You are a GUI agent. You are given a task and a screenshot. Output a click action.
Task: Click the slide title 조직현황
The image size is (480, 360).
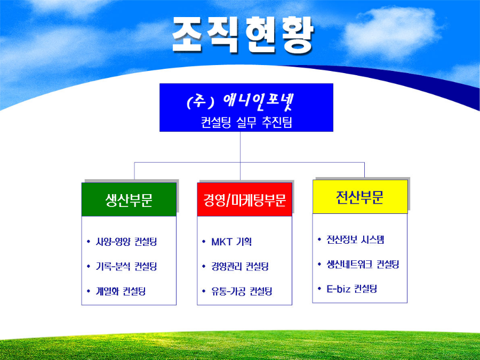click(x=243, y=35)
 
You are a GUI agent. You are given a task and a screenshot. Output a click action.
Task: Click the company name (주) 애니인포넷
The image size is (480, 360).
click(x=241, y=102)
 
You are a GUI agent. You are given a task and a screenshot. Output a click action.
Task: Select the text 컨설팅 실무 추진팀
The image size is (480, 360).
click(x=246, y=122)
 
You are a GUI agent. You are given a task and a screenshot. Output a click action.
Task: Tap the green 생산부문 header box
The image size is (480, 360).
click(x=129, y=199)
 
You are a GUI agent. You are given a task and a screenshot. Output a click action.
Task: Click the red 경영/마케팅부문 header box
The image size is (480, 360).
click(x=245, y=199)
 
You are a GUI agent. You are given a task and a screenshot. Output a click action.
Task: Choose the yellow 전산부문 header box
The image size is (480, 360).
click(x=360, y=196)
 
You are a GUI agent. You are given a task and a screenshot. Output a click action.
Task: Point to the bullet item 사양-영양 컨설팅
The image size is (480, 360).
click(x=126, y=242)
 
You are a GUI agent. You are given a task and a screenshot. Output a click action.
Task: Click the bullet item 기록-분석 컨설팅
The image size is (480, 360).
click(x=126, y=266)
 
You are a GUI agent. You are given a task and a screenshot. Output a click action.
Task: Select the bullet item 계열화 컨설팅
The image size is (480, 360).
click(x=121, y=291)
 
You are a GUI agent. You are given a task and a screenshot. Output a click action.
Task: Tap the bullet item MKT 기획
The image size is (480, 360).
click(x=231, y=242)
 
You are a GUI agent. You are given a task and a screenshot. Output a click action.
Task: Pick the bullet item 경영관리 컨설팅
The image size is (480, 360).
click(x=240, y=266)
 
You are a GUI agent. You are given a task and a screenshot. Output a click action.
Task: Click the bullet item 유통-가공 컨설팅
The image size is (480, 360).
click(x=242, y=291)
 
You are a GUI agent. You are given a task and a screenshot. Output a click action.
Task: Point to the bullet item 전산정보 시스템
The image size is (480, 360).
click(x=355, y=239)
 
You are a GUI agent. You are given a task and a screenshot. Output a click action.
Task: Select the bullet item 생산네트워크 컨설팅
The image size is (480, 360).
click(x=363, y=264)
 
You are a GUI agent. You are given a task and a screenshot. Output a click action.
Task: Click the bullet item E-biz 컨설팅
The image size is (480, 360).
click(x=352, y=289)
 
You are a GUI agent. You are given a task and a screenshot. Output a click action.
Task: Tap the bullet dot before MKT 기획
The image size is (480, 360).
click(x=204, y=242)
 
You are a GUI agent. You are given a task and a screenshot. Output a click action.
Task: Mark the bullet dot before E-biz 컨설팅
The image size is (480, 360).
click(x=319, y=289)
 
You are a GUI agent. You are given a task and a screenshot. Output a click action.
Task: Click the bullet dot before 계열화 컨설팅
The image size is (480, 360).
click(x=89, y=291)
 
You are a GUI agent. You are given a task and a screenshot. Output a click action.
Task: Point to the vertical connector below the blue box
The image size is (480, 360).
click(x=241, y=156)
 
